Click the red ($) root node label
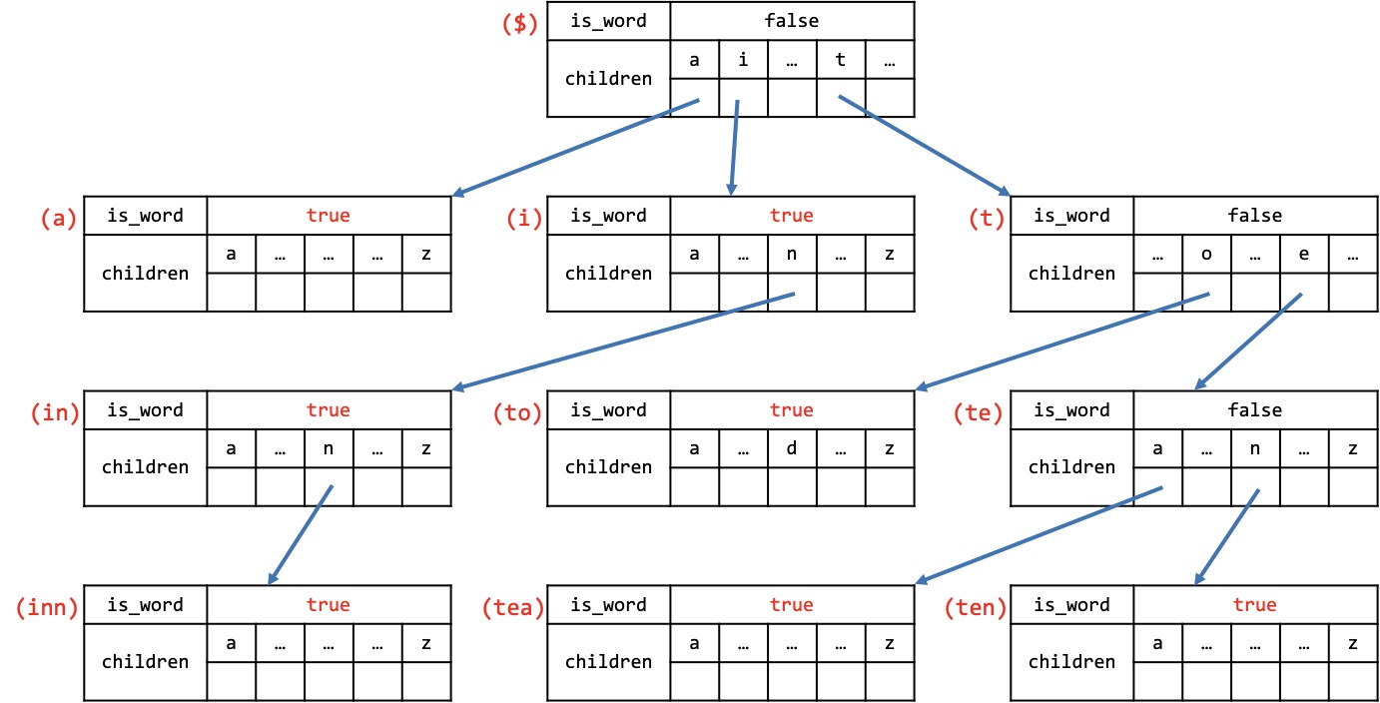coord(520,23)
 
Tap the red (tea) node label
coord(513,607)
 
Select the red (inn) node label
coord(47,607)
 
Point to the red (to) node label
coord(517,412)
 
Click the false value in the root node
coord(792,21)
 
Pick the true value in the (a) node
coord(329,215)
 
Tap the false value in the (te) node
coord(1255,409)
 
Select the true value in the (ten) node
coord(1255,604)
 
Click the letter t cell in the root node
coord(841,60)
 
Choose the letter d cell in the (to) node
coord(792,448)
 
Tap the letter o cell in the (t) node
coord(1206,254)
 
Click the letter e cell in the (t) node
coord(1304,254)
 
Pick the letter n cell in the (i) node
coord(792,254)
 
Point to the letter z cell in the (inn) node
coord(426,643)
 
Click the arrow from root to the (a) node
coord(575,148)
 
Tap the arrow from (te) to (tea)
coord(1038,535)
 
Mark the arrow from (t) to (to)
coord(1062,342)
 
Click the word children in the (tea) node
coord(608,661)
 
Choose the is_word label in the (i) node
coord(608,216)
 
